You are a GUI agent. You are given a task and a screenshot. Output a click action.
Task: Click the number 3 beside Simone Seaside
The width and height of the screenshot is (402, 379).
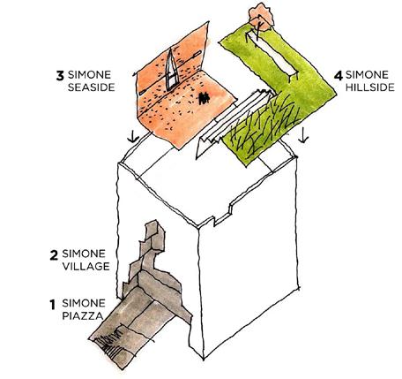tap(60, 75)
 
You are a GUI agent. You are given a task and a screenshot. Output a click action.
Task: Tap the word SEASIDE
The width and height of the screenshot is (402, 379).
tap(91, 87)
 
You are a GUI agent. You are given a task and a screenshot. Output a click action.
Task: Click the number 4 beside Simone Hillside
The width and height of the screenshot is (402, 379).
tap(339, 75)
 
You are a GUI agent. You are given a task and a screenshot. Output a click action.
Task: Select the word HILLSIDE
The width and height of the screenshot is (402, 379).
tap(369, 87)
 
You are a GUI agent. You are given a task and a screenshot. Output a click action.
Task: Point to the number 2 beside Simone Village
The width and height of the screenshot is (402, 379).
tap(54, 255)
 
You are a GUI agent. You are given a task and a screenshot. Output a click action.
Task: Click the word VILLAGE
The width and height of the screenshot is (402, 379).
tap(86, 266)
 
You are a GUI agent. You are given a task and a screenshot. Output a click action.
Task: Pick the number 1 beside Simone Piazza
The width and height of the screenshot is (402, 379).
tap(53, 305)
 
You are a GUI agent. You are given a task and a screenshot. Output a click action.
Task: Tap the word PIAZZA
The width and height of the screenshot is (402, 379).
tap(83, 316)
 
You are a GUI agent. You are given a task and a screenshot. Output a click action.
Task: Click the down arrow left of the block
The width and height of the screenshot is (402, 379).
tap(133, 136)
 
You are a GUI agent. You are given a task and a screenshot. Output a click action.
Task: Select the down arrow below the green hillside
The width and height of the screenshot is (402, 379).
tap(303, 136)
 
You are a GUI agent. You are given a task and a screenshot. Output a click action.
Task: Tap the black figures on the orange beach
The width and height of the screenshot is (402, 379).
tap(204, 98)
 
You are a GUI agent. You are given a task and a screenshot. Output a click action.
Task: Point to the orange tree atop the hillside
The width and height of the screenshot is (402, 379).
tap(261, 17)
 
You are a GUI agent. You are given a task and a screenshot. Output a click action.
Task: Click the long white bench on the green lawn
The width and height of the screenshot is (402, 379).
tap(272, 56)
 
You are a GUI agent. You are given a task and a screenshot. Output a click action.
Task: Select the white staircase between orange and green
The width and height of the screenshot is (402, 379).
tap(235, 117)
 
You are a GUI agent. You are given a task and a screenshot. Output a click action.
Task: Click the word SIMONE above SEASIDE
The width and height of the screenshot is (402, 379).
tap(89, 75)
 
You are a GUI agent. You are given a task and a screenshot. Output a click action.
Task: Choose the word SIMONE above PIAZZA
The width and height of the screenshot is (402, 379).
tap(84, 303)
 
